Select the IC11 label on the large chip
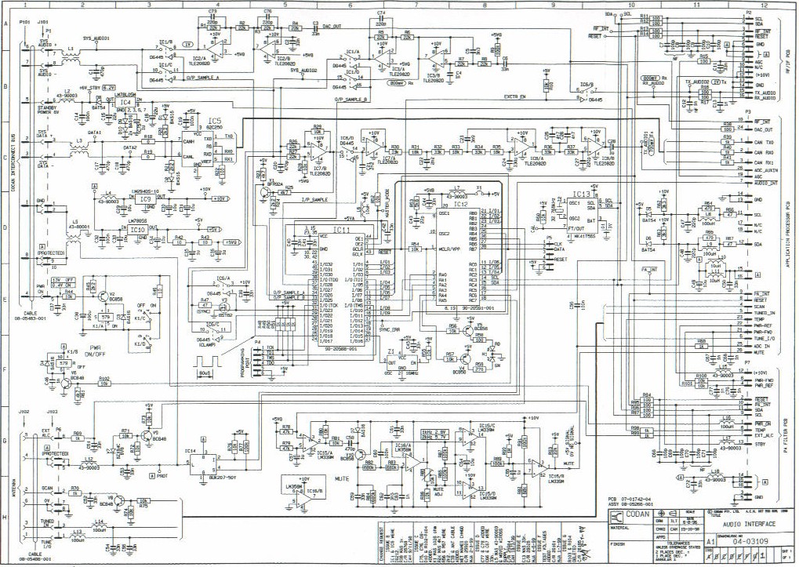coord(343,230)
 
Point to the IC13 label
coord(581,194)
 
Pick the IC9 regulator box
coord(147,199)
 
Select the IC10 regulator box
coord(138,229)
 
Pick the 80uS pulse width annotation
coord(206,372)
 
